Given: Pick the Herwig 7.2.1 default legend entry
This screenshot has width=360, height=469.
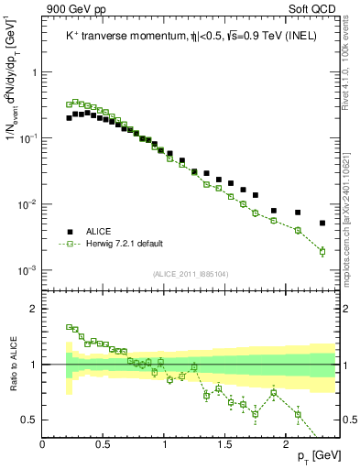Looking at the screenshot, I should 124,244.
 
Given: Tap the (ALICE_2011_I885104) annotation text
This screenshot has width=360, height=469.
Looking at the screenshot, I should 190,274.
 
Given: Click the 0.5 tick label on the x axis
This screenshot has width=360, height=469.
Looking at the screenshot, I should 104,444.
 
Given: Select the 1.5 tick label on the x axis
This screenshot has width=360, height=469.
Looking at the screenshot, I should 225,444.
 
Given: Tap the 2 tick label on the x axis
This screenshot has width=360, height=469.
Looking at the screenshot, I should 286,444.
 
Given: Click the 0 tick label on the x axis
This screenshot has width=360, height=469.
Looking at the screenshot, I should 43,444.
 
